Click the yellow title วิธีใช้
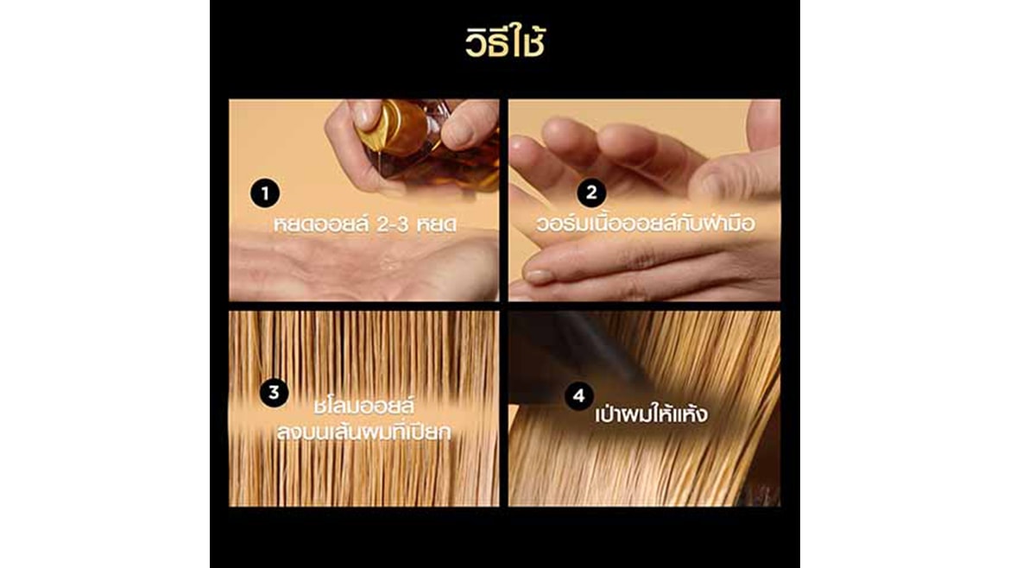click(x=505, y=41)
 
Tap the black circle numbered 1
click(x=265, y=193)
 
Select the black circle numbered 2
click(x=591, y=192)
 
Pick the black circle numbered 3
click(x=274, y=392)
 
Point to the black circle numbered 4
click(x=578, y=395)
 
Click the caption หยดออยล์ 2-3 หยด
click(x=364, y=224)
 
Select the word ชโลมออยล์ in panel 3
click(x=364, y=406)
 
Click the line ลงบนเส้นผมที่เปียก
click(x=364, y=431)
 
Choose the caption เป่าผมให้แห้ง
click(x=651, y=413)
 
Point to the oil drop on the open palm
click(x=388, y=262)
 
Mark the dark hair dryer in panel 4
click(x=577, y=354)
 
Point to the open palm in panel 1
click(x=364, y=265)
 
